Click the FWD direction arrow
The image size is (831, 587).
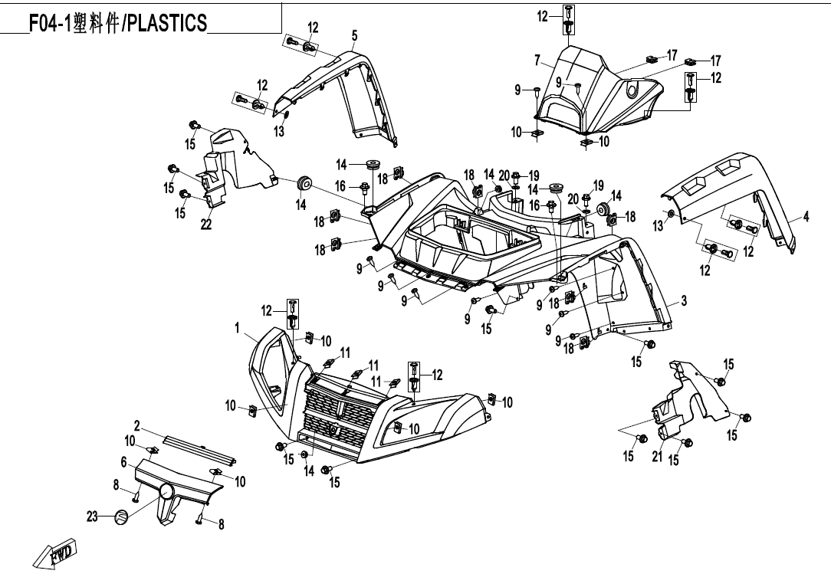pos(57,553)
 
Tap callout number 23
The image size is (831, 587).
pos(93,517)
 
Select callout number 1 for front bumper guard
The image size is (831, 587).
pos(239,327)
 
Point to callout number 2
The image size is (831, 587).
pos(137,425)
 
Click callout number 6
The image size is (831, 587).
pos(123,461)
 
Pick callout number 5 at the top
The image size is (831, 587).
pos(354,35)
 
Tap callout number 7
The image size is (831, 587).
pos(538,60)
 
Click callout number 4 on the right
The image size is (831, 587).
pos(806,217)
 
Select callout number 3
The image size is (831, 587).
pos(684,300)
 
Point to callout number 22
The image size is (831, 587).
pos(206,223)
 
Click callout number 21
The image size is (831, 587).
pos(657,457)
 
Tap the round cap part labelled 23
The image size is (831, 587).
pos(120,517)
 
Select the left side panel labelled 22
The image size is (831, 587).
pos(238,165)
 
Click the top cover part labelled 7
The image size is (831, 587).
pos(598,88)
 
